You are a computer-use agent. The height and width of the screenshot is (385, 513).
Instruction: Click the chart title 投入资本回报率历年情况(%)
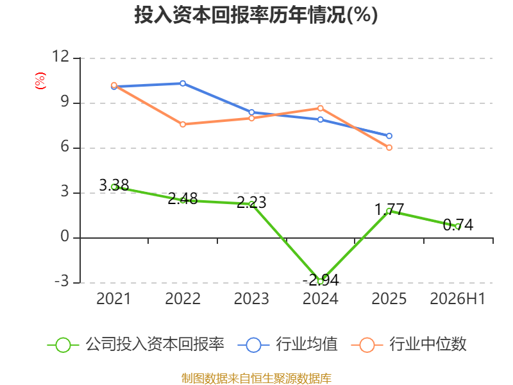click(256, 15)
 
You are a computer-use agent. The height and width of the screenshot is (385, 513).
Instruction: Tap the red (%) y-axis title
click(40, 81)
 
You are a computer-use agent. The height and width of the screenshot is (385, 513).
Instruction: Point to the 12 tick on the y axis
click(61, 56)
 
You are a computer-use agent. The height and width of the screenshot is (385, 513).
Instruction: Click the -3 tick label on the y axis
click(62, 281)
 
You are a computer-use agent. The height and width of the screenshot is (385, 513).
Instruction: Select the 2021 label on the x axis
click(114, 298)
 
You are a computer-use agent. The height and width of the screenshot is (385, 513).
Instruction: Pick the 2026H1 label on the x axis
click(457, 298)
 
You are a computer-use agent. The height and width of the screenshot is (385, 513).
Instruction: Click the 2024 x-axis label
click(320, 298)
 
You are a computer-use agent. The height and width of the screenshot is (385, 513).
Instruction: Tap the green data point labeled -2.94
click(320, 282)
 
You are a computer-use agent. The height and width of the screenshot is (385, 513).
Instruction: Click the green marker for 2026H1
click(458, 227)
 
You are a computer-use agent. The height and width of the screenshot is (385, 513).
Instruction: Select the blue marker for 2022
click(183, 83)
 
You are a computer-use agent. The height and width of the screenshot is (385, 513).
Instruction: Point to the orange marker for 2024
click(320, 108)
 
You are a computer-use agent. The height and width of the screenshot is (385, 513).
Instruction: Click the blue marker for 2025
click(389, 136)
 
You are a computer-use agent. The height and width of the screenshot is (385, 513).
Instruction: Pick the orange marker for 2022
click(183, 124)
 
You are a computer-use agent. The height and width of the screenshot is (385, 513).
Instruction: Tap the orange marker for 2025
click(389, 148)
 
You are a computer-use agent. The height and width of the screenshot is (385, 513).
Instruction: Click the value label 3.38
click(114, 185)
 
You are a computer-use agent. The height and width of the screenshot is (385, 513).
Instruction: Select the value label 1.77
click(389, 210)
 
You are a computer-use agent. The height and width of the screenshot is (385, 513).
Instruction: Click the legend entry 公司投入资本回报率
click(136, 345)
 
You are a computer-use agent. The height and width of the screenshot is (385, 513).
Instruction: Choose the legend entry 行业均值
click(288, 345)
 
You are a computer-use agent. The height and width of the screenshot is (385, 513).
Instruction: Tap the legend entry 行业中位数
click(409, 345)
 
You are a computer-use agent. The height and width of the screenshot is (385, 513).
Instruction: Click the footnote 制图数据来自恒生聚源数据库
click(256, 379)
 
